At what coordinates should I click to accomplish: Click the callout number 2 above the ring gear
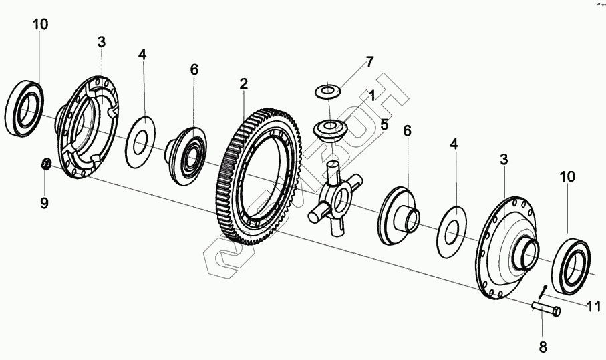coord(243,84)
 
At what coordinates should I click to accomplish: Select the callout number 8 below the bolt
coord(543,347)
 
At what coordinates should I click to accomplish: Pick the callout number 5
coord(384,124)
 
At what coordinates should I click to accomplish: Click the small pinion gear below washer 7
coord(329,128)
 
